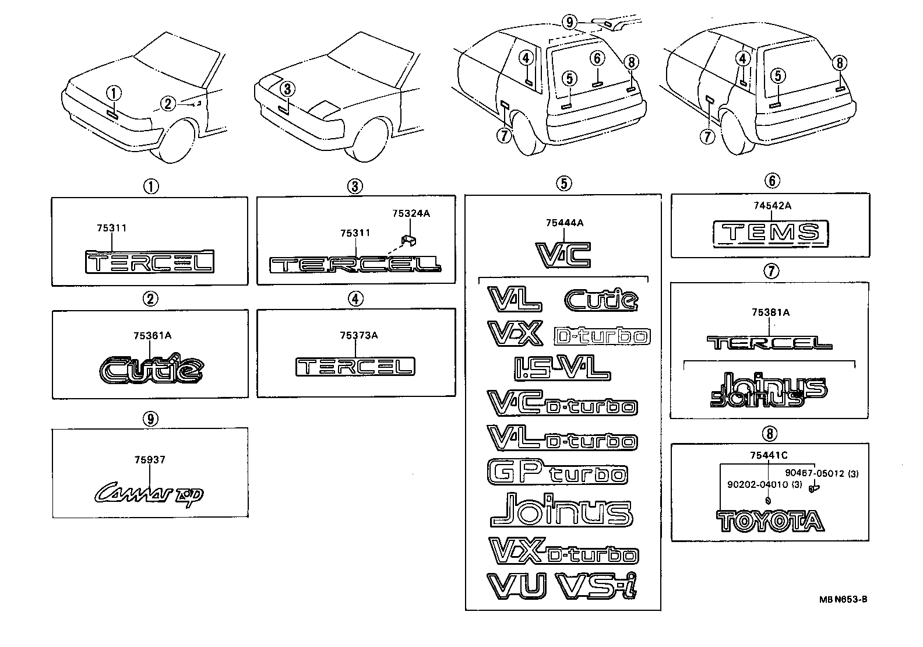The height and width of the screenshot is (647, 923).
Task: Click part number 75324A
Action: tap(411, 214)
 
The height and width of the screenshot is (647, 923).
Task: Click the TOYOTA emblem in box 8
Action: tap(771, 521)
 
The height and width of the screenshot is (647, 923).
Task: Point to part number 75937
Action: tap(150, 460)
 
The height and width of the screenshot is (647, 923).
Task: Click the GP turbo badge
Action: tap(556, 472)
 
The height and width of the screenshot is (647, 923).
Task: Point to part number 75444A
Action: tap(564, 223)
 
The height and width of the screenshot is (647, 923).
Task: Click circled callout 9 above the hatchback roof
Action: tap(570, 23)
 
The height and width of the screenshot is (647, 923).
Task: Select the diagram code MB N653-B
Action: tap(843, 599)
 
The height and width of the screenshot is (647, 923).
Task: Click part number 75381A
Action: tap(770, 313)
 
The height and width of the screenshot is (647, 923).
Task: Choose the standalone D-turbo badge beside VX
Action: tap(602, 336)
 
